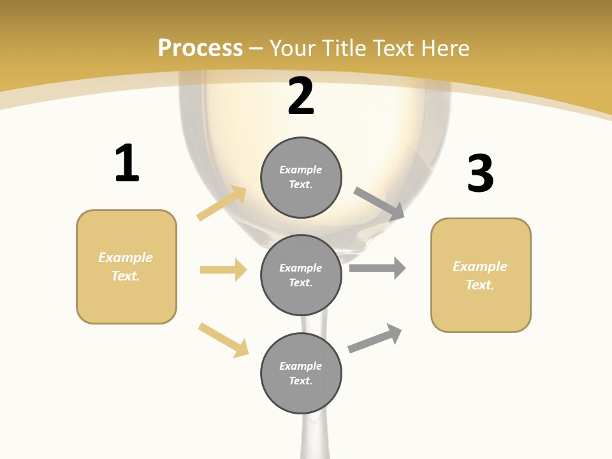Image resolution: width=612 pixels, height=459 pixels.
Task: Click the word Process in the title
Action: pyautogui.click(x=200, y=48)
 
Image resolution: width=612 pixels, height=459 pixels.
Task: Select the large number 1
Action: pyautogui.click(x=127, y=163)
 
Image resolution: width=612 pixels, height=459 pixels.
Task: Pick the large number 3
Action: pyautogui.click(x=480, y=174)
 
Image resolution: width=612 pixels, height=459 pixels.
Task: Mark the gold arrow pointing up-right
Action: pyautogui.click(x=222, y=203)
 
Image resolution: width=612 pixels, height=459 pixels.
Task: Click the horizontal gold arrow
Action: pyautogui.click(x=223, y=270)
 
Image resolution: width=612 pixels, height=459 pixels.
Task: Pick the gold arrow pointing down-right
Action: pyautogui.click(x=223, y=340)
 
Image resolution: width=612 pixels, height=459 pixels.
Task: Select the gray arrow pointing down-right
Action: pyautogui.click(x=379, y=203)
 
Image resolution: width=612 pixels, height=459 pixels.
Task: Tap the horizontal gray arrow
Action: pyautogui.click(x=377, y=268)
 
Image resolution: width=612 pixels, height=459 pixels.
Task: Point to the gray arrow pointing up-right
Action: pyautogui.click(x=375, y=338)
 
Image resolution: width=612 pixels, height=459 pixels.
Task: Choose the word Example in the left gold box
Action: pyautogui.click(x=126, y=258)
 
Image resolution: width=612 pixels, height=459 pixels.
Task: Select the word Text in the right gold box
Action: pyautogui.click(x=479, y=285)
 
